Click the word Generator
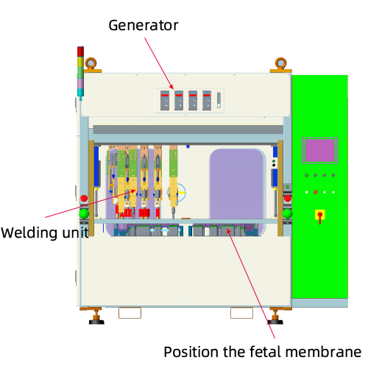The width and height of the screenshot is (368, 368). pyautogui.click(x=144, y=26)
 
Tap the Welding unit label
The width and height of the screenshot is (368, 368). pyautogui.click(x=45, y=233)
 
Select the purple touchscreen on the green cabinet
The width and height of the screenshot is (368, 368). pyautogui.click(x=320, y=150)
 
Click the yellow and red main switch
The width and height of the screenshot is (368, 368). pyautogui.click(x=320, y=216)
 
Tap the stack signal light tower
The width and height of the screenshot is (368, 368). pyautogui.click(x=80, y=73)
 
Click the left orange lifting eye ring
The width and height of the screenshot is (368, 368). pyautogui.click(x=91, y=63)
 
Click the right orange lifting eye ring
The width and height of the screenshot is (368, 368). pyautogui.click(x=280, y=63)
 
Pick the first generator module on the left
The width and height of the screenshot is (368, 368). pyautogui.click(x=165, y=100)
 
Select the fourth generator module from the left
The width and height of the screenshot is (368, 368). pyautogui.click(x=207, y=100)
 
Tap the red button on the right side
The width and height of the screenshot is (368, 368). pyautogui.click(x=287, y=198)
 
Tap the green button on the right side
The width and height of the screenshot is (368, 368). pyautogui.click(x=287, y=213)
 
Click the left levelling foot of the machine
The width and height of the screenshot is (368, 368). pyautogui.click(x=96, y=316)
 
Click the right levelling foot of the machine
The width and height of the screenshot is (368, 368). pyautogui.click(x=275, y=316)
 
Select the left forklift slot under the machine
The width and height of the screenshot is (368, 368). pyautogui.click(x=130, y=313)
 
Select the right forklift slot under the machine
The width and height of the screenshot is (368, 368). pyautogui.click(x=241, y=313)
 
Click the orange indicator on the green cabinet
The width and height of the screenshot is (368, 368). pyautogui.click(x=316, y=192)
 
